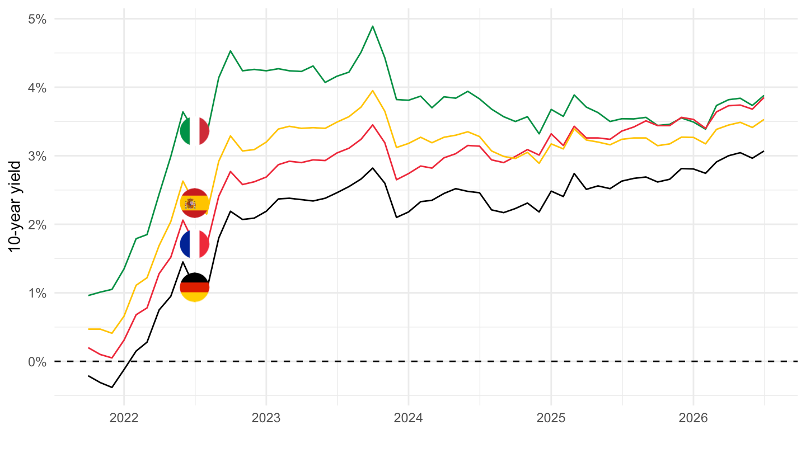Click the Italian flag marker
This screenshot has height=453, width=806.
[195, 131]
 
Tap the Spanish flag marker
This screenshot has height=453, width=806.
[195, 203]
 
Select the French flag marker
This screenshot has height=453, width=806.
[195, 244]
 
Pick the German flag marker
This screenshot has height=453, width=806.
[195, 287]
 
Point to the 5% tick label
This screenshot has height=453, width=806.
[38, 19]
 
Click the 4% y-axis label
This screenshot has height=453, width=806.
[38, 88]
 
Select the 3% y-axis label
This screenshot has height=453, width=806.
[38, 157]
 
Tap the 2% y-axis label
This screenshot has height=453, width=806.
[38, 225]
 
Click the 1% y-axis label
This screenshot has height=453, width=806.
[38, 294]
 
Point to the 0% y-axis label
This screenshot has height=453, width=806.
[38, 362]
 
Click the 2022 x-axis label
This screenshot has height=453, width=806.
[124, 418]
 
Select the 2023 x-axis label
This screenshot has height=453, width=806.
[266, 418]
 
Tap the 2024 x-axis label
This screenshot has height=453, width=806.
[409, 418]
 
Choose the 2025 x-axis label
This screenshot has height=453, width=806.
[551, 418]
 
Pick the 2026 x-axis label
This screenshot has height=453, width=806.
[693, 418]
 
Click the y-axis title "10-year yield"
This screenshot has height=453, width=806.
[15, 207]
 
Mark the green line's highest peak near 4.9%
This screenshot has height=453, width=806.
[373, 26]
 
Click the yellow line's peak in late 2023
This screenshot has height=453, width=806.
[373, 91]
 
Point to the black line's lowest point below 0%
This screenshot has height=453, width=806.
[112, 387]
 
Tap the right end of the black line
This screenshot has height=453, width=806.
[764, 151]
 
